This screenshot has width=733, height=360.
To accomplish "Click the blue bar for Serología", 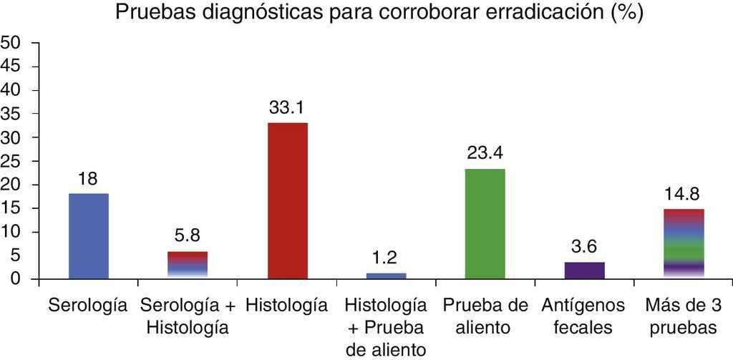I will coord(88,235).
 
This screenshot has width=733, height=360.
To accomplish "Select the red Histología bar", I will coord(287,200).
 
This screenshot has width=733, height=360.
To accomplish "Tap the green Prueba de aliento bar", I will coord(485,223).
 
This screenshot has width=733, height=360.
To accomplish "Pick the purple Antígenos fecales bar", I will coord(584,271).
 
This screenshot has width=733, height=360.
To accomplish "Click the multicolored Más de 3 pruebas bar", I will coord(684,243).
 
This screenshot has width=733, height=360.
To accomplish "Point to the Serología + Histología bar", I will coord(188,265).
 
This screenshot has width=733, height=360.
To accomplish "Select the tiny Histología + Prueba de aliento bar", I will coord(386,276).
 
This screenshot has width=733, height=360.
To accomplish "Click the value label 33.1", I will coord(287,109).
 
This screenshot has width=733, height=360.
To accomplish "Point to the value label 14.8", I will coord(684,195).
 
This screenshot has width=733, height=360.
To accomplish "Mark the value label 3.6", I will coord(584,248).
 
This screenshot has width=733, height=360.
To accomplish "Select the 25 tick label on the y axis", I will coord(13,161).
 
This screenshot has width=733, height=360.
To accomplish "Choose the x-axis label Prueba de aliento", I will coord(485,317).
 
